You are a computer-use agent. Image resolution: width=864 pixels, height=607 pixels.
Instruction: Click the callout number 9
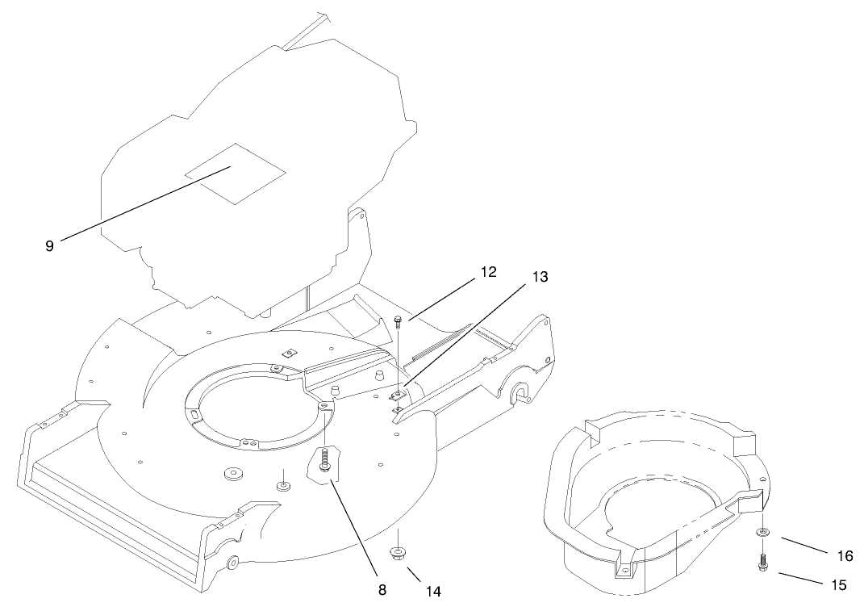pos(49,246)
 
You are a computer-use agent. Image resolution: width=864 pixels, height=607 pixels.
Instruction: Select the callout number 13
pos(540,277)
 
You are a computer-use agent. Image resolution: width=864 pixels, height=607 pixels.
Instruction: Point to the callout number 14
pos(433,591)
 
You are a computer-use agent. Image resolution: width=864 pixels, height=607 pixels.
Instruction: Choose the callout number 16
pos(845,555)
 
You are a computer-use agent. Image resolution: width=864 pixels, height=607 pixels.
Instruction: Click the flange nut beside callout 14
pos(397,553)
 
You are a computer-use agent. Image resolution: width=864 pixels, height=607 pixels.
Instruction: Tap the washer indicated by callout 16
pos(762,533)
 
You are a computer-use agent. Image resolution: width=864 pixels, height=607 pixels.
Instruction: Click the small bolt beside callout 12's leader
pos(398,323)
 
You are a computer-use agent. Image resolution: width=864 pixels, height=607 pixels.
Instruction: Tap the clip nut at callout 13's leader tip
pos(399,395)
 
